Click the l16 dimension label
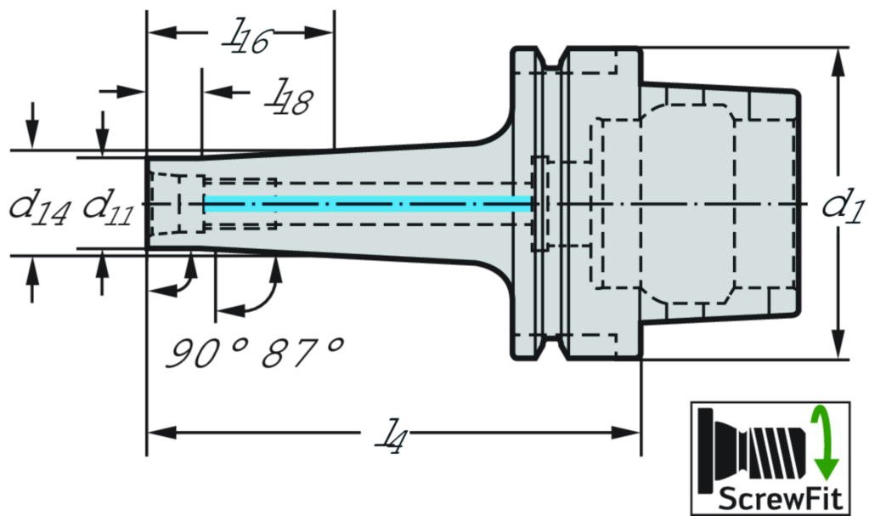242,38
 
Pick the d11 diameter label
106,207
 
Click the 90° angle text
200,351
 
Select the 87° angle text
302,351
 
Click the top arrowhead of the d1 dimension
838,60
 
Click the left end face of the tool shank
150,204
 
